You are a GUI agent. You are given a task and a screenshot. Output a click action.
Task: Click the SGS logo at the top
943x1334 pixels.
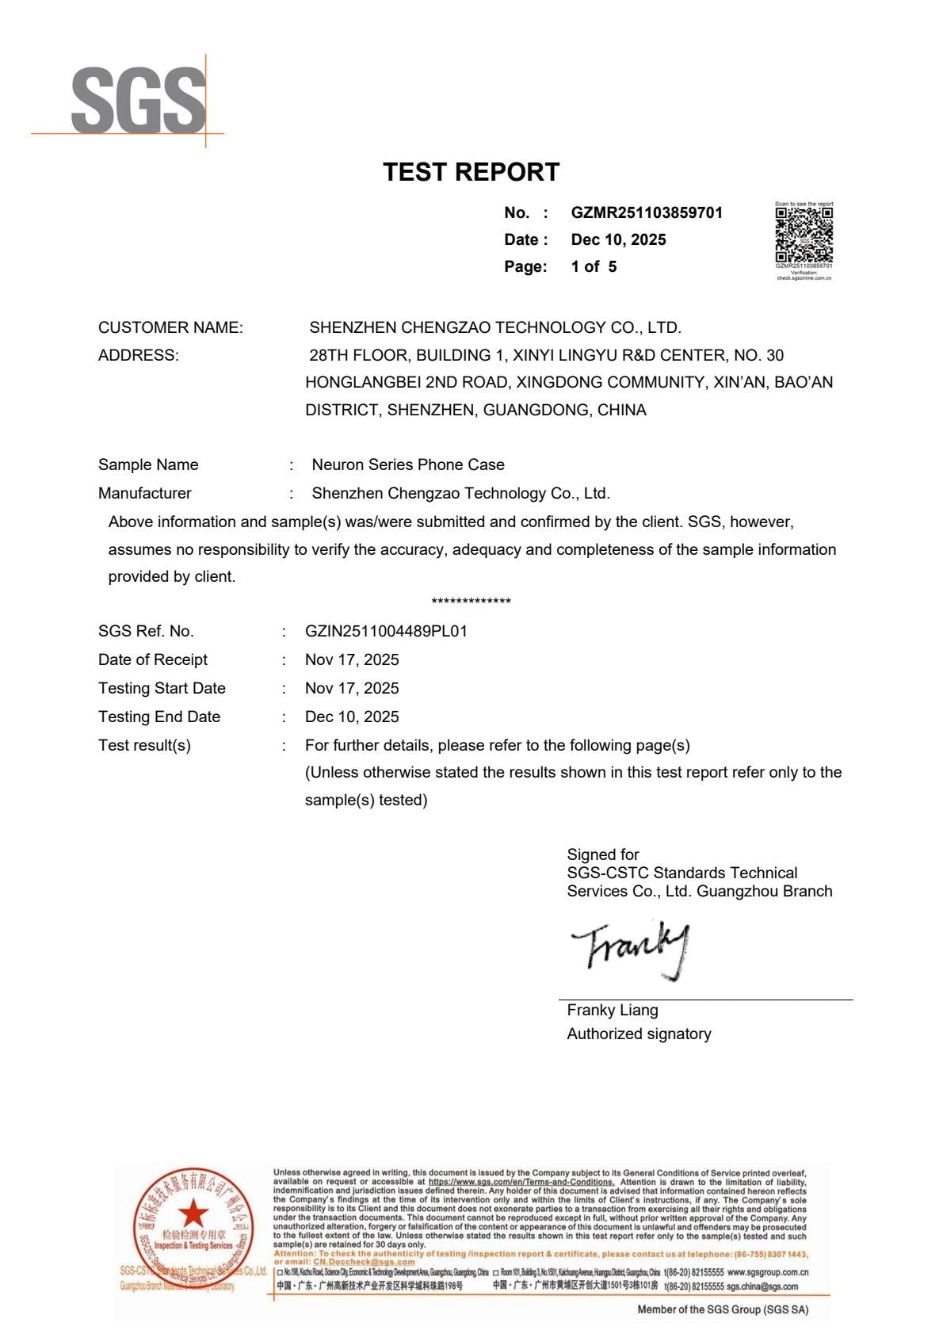point(138,101)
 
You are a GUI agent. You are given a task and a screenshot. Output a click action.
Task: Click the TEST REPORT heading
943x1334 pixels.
point(471,172)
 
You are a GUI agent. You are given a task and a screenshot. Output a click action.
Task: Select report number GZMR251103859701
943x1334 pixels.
point(647,212)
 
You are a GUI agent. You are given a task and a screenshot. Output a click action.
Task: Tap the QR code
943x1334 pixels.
point(804,235)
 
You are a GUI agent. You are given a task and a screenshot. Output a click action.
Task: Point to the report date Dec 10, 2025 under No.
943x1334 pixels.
point(618,239)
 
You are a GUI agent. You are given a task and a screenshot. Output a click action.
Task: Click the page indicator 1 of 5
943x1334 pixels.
point(594,266)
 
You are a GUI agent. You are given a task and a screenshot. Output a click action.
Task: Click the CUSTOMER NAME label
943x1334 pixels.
point(170,327)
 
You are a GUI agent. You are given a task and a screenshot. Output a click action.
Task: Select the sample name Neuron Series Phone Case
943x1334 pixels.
point(408,464)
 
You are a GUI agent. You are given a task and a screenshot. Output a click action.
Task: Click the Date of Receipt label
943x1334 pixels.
point(153,659)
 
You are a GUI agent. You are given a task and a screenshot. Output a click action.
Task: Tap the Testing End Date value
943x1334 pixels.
point(352,717)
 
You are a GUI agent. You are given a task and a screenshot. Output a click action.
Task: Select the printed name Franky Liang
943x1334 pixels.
point(613,1010)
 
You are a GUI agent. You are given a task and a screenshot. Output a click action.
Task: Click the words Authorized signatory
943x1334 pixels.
point(639,1034)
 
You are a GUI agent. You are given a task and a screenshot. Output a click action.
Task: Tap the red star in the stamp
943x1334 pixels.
point(193,1213)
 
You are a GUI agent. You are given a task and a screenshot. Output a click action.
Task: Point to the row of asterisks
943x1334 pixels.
point(471,602)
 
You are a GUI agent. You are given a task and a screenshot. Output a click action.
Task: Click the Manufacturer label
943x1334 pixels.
point(145,493)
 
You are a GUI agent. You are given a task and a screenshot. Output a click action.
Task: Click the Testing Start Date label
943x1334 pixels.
point(162,688)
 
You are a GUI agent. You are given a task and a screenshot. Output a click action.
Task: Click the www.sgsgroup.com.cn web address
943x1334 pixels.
point(767,1271)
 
